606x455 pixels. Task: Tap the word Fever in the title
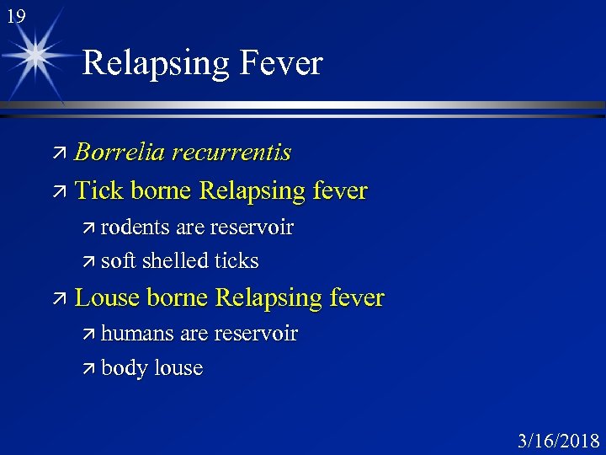coord(280,63)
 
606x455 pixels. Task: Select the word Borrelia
coord(119,153)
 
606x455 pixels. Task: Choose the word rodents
coord(135,227)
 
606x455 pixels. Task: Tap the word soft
coord(118,261)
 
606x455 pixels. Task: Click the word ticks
coord(236,261)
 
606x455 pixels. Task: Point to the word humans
coord(139,335)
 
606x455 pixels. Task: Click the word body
coord(123,369)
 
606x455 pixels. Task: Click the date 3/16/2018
coord(559,440)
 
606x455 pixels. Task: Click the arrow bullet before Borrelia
coord(59,153)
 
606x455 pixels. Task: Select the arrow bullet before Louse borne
coord(59,298)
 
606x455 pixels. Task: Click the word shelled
coord(177,261)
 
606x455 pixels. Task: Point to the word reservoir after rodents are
coord(252,227)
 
